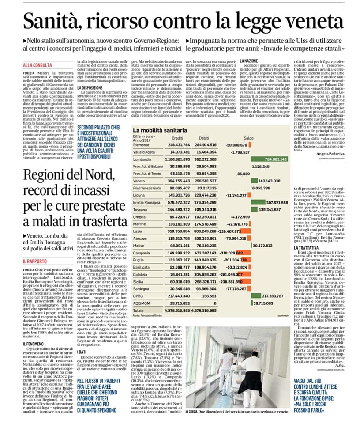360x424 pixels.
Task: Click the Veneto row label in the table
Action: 139,181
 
